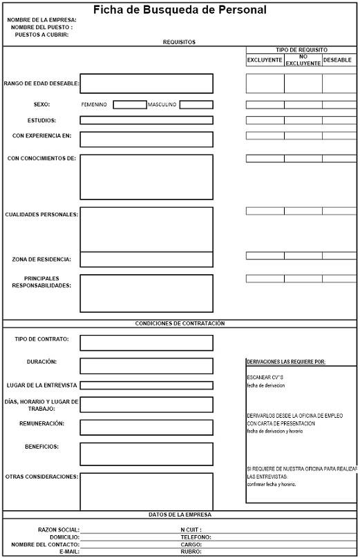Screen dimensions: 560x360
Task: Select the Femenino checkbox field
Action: coord(129,105)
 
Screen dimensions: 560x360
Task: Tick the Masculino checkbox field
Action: coord(196,105)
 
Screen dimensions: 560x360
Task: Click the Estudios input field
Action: coord(146,120)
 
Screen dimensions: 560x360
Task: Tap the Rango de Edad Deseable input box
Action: coord(146,84)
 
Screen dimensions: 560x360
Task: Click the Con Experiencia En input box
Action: coord(146,139)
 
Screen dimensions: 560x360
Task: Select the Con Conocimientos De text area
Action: coord(146,177)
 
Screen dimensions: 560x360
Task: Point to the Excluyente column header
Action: coord(265,60)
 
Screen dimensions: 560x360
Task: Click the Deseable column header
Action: coord(337,60)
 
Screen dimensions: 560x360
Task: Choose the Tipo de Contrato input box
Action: coord(146,342)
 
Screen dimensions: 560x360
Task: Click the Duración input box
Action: coord(146,366)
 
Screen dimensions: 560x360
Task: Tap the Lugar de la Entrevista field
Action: coord(146,385)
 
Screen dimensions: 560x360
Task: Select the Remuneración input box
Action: coord(146,427)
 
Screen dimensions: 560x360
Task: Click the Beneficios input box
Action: coord(146,454)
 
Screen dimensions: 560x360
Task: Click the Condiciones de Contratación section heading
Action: coord(180,323)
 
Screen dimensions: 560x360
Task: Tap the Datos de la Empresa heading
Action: coord(180,514)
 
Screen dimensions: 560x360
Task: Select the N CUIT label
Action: coord(191,529)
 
